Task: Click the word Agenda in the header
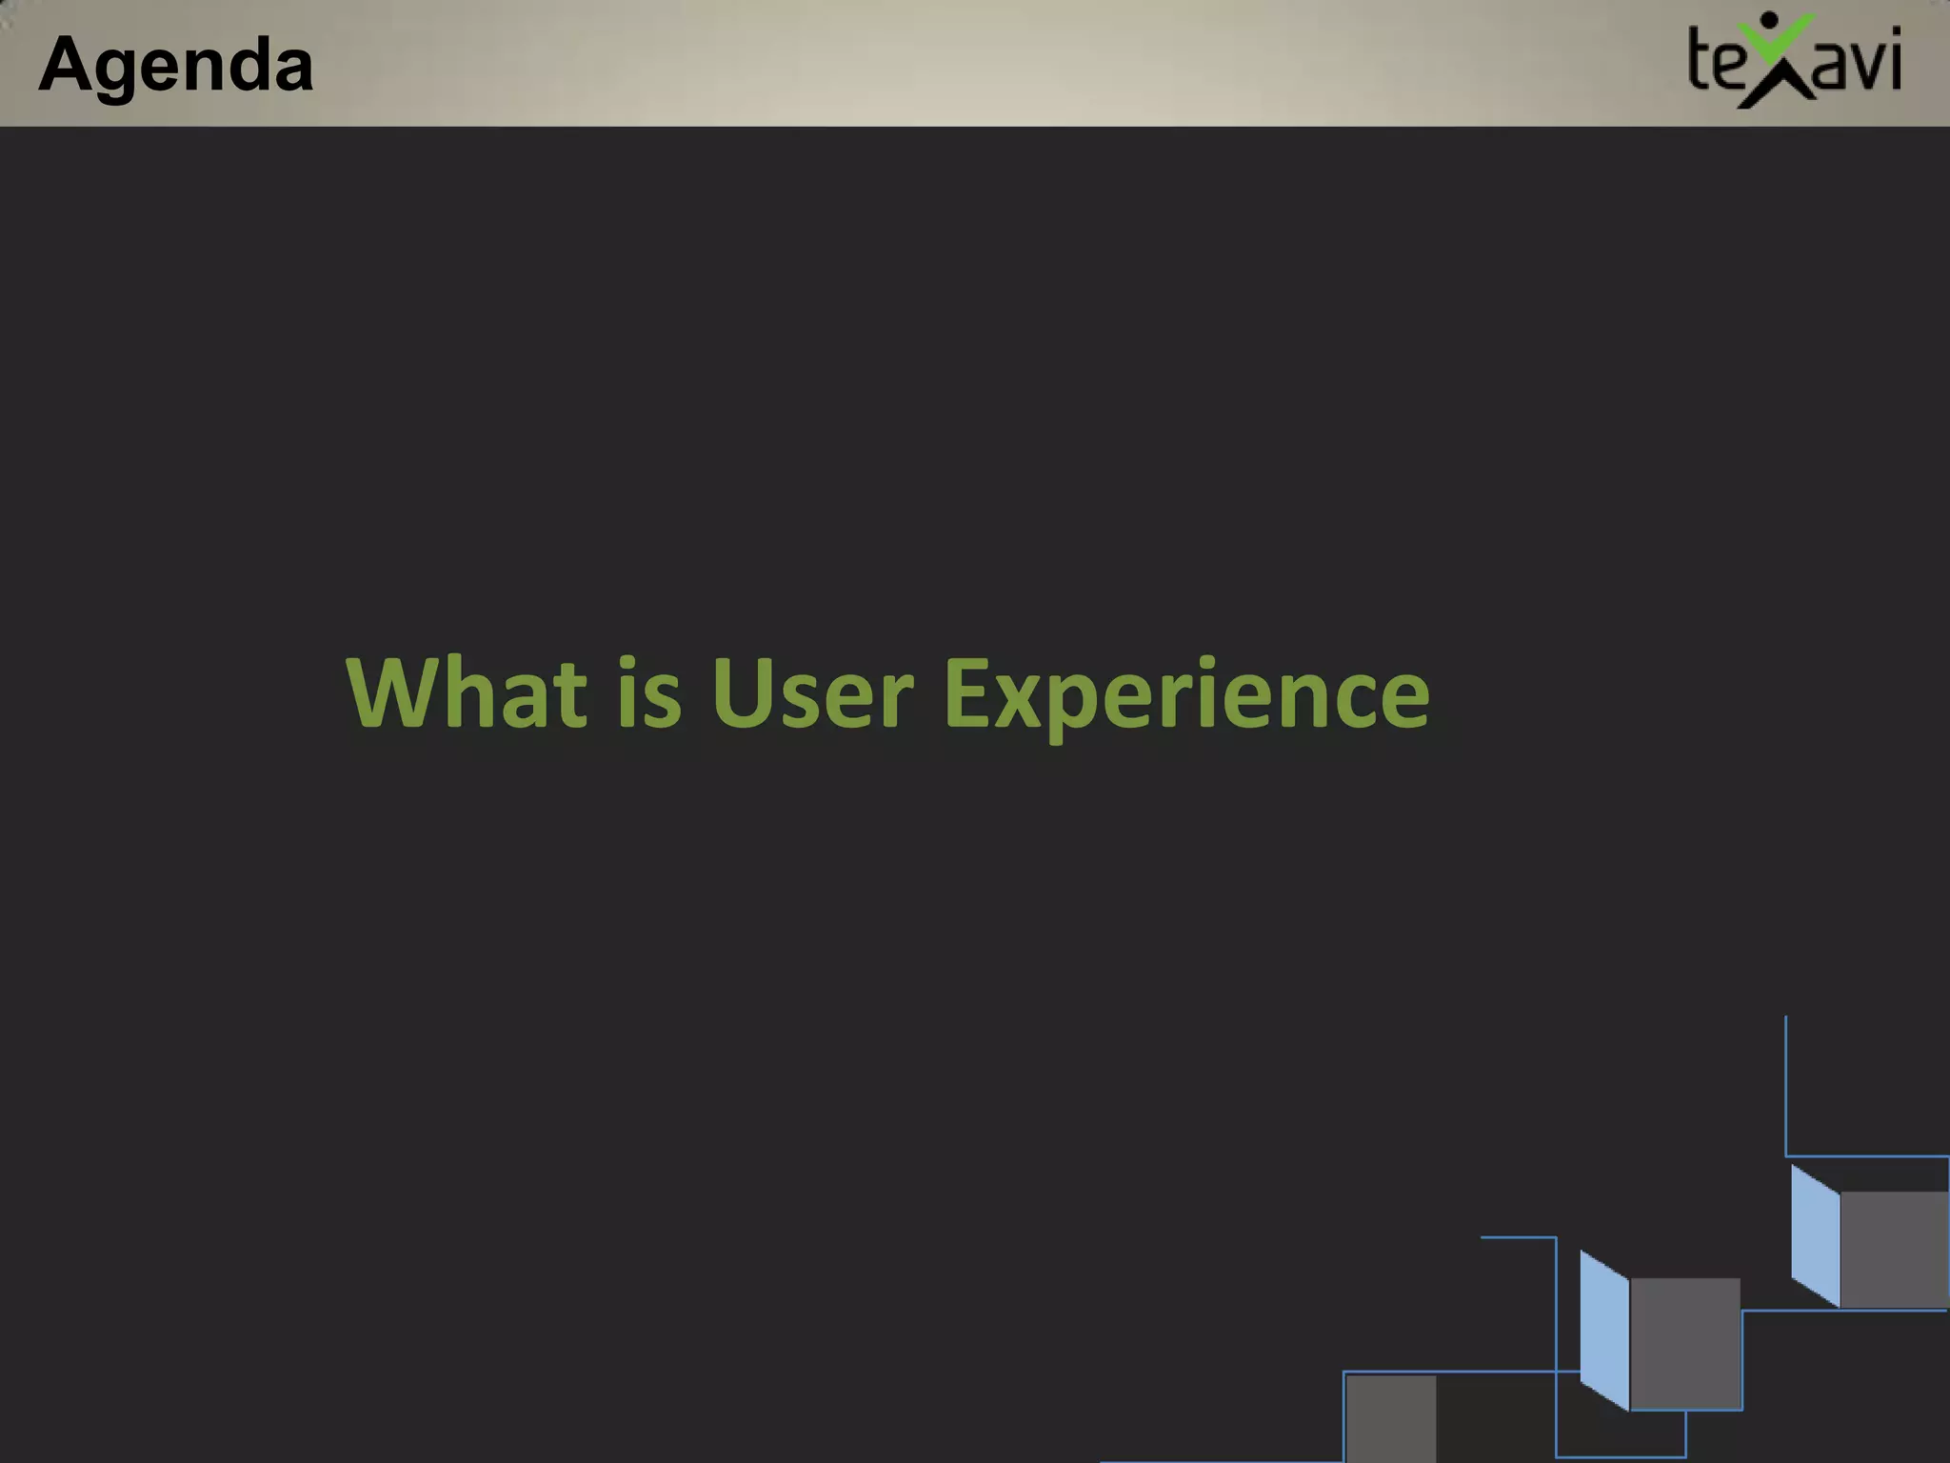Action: pyautogui.click(x=176, y=65)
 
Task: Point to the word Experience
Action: pyautogui.click(x=1186, y=695)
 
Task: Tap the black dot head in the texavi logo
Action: pyautogui.click(x=1769, y=20)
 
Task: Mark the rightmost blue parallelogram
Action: pyautogui.click(x=1815, y=1235)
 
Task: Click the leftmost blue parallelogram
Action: pyautogui.click(x=1604, y=1330)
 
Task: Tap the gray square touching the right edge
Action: pyautogui.click(x=1894, y=1250)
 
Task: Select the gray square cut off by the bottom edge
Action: pyautogui.click(x=1390, y=1418)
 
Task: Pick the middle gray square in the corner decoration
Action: pyautogui.click(x=1685, y=1343)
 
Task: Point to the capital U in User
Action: pyautogui.click(x=743, y=693)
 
